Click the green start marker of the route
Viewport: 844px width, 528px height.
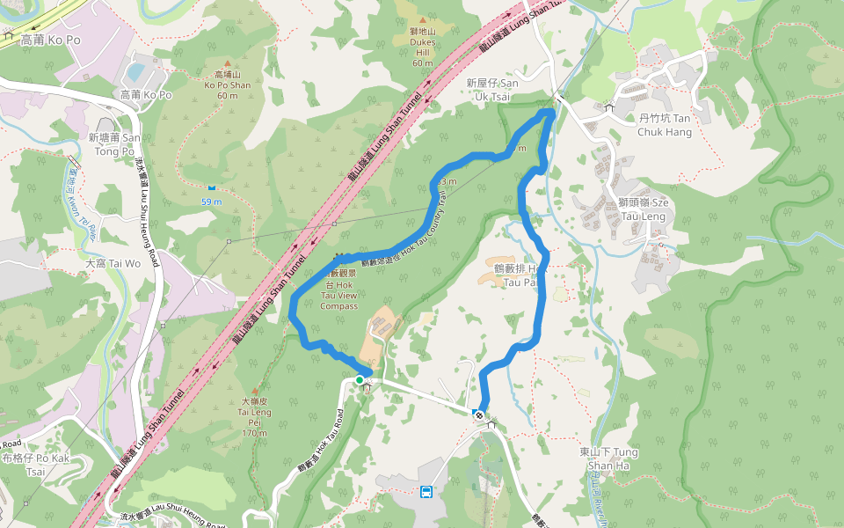360,380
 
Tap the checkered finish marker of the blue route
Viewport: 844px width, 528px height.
479,414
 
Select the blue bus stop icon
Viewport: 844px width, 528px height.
426,492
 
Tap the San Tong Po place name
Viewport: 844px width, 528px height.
114,144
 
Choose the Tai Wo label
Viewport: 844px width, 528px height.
113,263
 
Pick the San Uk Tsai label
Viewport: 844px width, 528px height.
498,88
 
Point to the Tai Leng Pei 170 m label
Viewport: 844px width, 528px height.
254,416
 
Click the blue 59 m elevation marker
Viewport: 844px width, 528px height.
211,187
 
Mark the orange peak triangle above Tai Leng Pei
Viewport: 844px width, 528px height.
255,390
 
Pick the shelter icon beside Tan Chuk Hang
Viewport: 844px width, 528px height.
608,107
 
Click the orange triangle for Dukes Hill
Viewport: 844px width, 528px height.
423,19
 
